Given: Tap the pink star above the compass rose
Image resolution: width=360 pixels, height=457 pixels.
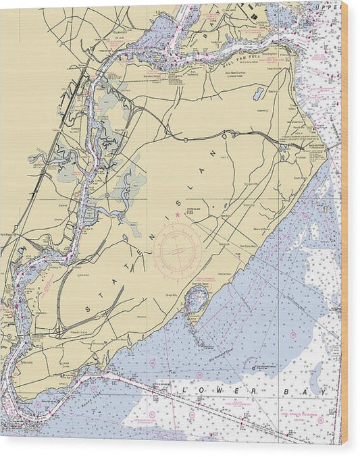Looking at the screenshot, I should tap(178, 215).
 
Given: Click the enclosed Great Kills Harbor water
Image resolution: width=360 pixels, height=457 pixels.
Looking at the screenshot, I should tap(197, 297).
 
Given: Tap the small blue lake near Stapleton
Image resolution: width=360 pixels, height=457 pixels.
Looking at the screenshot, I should tap(259, 94).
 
